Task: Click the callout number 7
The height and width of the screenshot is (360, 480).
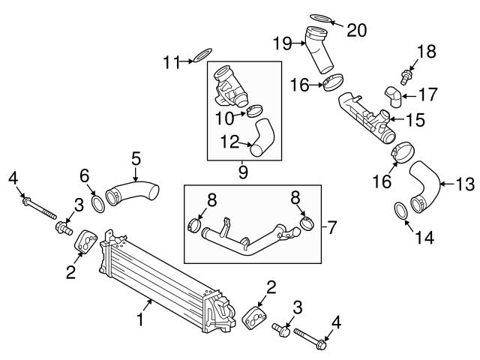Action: pyautogui.click(x=332, y=224)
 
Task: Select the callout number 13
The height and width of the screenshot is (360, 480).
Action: pyautogui.click(x=466, y=181)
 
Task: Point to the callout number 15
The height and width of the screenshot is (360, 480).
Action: pyautogui.click(x=416, y=118)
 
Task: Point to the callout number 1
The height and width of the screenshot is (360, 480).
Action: pyautogui.click(x=139, y=320)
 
